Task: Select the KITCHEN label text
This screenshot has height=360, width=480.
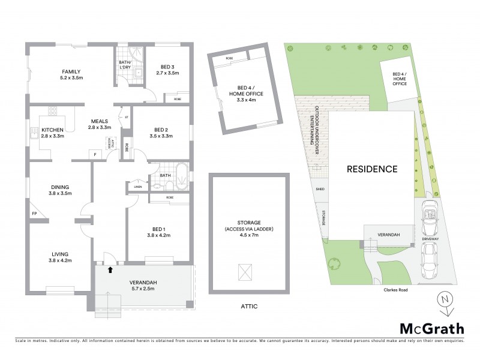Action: (52, 129)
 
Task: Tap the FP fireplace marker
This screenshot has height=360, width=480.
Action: (34, 213)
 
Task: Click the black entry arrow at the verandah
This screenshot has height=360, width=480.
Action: (110, 270)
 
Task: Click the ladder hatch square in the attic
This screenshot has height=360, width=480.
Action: (245, 272)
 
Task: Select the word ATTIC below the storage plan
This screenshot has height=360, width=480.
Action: (248, 306)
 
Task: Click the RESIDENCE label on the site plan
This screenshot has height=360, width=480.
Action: (372, 169)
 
